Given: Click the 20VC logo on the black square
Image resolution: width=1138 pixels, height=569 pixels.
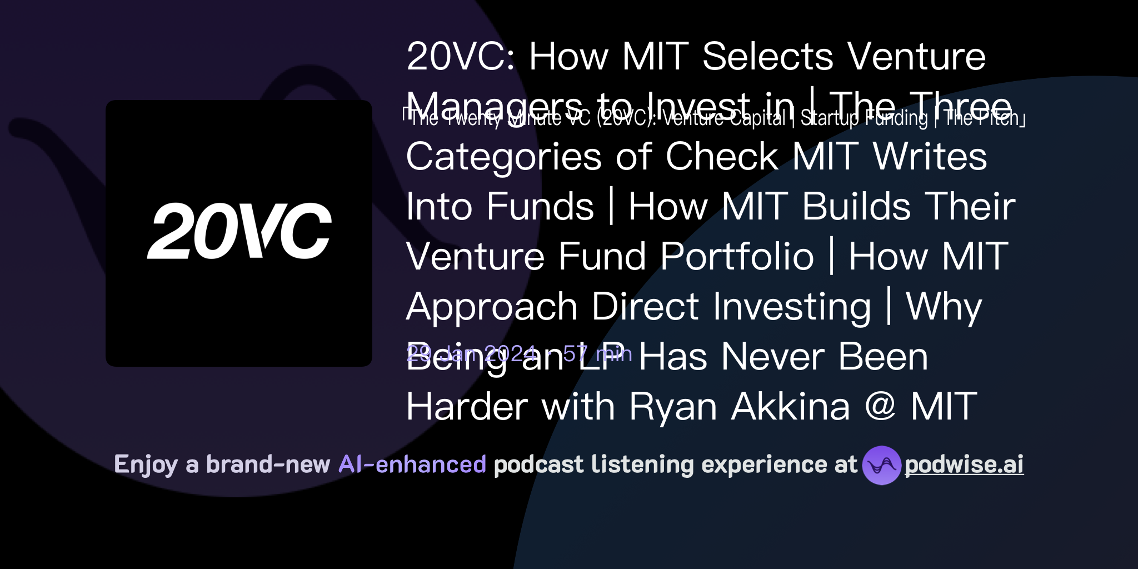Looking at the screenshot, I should (239, 231).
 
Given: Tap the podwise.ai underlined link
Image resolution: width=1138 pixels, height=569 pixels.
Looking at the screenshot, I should (964, 465).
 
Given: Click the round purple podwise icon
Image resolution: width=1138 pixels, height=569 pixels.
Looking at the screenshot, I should (881, 465).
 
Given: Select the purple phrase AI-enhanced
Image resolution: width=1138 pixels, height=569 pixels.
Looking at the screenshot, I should (412, 465).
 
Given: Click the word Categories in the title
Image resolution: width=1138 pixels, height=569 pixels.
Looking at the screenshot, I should (504, 157).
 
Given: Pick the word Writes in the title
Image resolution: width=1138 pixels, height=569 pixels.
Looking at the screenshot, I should (930, 157).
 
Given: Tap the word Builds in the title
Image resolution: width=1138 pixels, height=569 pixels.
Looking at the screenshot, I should (856, 207).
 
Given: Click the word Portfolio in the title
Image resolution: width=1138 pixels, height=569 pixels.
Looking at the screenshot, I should (737, 257).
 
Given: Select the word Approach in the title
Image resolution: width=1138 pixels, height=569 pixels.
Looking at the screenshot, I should (492, 307).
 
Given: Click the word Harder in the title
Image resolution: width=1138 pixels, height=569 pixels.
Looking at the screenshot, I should (467, 407).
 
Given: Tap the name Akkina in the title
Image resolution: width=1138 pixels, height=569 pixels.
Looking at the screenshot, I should (791, 407).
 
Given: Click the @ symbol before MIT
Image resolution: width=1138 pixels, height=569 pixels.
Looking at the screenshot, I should (881, 407).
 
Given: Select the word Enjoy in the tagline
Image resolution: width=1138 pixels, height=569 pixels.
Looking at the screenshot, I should (146, 465).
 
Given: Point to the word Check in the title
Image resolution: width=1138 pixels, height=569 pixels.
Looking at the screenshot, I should (722, 157).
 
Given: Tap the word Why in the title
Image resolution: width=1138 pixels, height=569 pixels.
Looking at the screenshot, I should (944, 307).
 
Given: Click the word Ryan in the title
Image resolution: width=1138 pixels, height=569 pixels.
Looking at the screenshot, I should (673, 407).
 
